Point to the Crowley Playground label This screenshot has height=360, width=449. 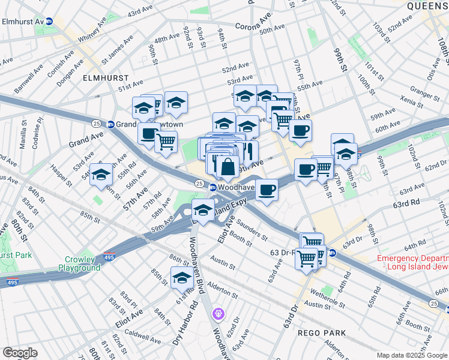pyautogui.click(x=79, y=263)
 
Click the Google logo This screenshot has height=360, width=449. pyautogui.click(x=20, y=353)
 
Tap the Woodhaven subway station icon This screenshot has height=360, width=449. pyautogui.click(x=212, y=187)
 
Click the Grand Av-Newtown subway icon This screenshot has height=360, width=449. pyautogui.click(x=111, y=124)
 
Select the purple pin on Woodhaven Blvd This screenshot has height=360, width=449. pyautogui.click(x=218, y=313)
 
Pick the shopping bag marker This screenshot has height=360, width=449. pyautogui.click(x=228, y=167)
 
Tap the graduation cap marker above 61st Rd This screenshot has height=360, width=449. pyautogui.click(x=181, y=278)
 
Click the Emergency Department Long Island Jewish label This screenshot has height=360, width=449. pyautogui.click(x=412, y=263)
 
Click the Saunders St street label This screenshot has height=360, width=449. pyautogui.click(x=252, y=229)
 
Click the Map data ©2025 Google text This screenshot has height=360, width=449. pyautogui.click(x=412, y=355)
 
